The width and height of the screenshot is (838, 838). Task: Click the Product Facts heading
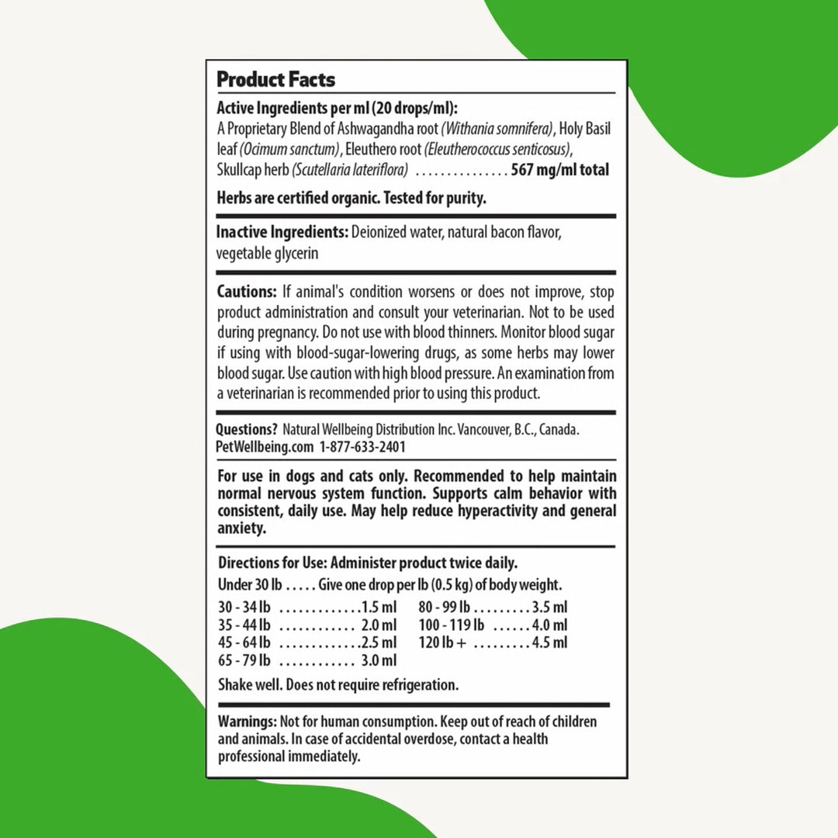275,79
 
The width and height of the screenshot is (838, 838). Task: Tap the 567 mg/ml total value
560,170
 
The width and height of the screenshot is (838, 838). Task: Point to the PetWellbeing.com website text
265,447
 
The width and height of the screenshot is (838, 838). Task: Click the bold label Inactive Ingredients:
282,232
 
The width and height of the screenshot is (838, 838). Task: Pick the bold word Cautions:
247,293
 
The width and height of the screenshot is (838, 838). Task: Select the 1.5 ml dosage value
379,608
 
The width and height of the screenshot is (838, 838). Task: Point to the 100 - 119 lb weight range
452,625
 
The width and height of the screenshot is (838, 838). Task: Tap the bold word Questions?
247,429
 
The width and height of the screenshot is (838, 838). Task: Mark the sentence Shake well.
250,685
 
